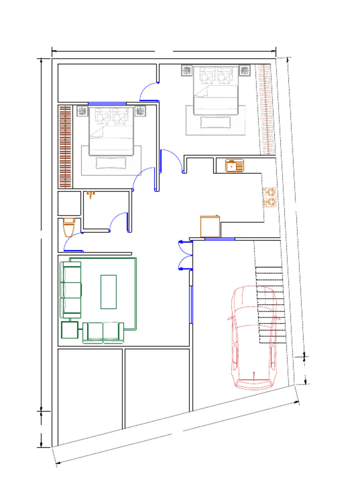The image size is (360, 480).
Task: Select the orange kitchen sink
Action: [x=234, y=165]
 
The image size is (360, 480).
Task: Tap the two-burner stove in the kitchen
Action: [x=270, y=197]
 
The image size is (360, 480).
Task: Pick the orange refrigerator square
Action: [x=210, y=226]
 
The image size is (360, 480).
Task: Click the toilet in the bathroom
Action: [x=69, y=227]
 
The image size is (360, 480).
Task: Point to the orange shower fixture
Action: [x=91, y=194]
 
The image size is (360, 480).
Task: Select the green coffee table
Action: [x=108, y=292]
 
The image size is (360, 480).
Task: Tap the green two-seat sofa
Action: [x=103, y=332]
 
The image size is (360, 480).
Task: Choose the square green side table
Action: [x=69, y=330]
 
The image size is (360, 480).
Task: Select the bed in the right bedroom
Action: [x=216, y=90]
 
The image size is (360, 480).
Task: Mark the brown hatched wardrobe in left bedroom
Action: [x=65, y=146]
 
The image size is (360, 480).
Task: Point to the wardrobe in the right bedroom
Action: [x=266, y=109]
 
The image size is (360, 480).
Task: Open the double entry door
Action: [x=186, y=255]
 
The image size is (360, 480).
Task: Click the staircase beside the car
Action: [x=270, y=305]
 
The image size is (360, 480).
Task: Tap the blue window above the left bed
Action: [x=107, y=104]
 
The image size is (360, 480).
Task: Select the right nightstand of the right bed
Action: [x=245, y=70]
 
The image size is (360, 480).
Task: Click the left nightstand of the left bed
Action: [x=82, y=111]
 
